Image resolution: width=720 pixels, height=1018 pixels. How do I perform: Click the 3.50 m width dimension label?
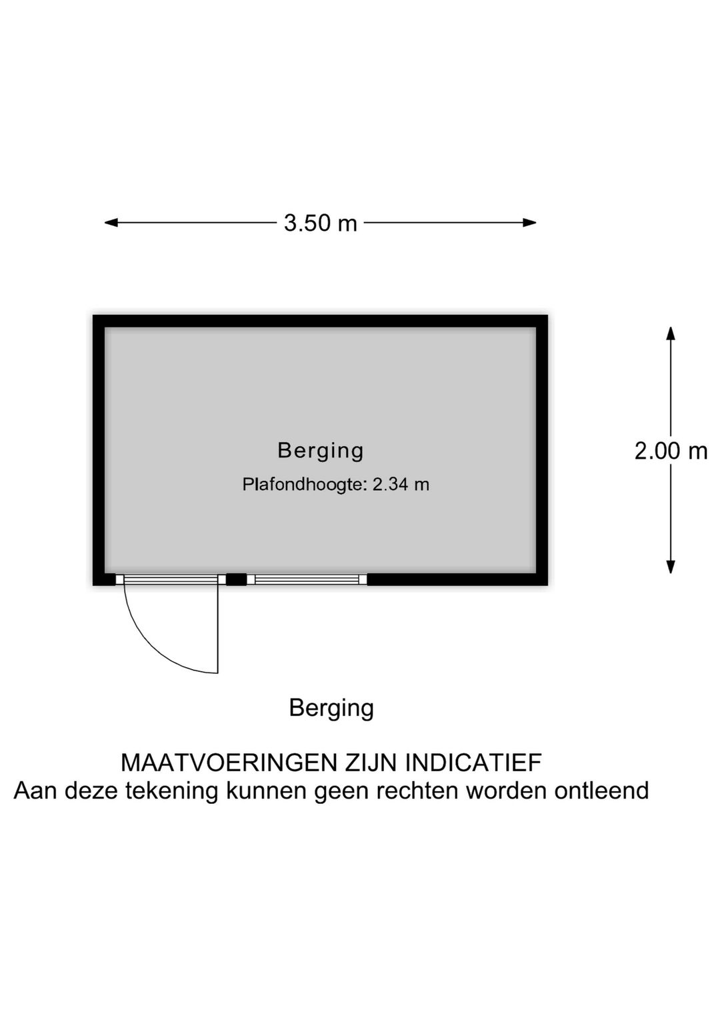320,223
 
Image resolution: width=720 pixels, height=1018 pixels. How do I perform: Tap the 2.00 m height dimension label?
671,451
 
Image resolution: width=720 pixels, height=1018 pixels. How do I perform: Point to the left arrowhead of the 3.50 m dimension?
111,223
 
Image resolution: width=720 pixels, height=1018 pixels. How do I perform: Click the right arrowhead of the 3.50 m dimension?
529,223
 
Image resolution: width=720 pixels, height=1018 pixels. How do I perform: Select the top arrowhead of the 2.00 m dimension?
671,334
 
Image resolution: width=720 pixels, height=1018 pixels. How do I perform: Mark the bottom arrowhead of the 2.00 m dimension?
671,567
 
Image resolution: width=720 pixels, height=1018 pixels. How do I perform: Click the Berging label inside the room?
320,451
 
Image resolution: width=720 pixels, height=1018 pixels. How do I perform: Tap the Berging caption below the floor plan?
331,708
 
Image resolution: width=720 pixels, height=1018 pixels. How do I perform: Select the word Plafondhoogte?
304,484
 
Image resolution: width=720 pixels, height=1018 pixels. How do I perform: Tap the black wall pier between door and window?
236,579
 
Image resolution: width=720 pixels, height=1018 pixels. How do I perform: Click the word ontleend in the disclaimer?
601,791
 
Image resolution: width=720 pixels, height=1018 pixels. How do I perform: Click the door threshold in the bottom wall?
171,579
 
